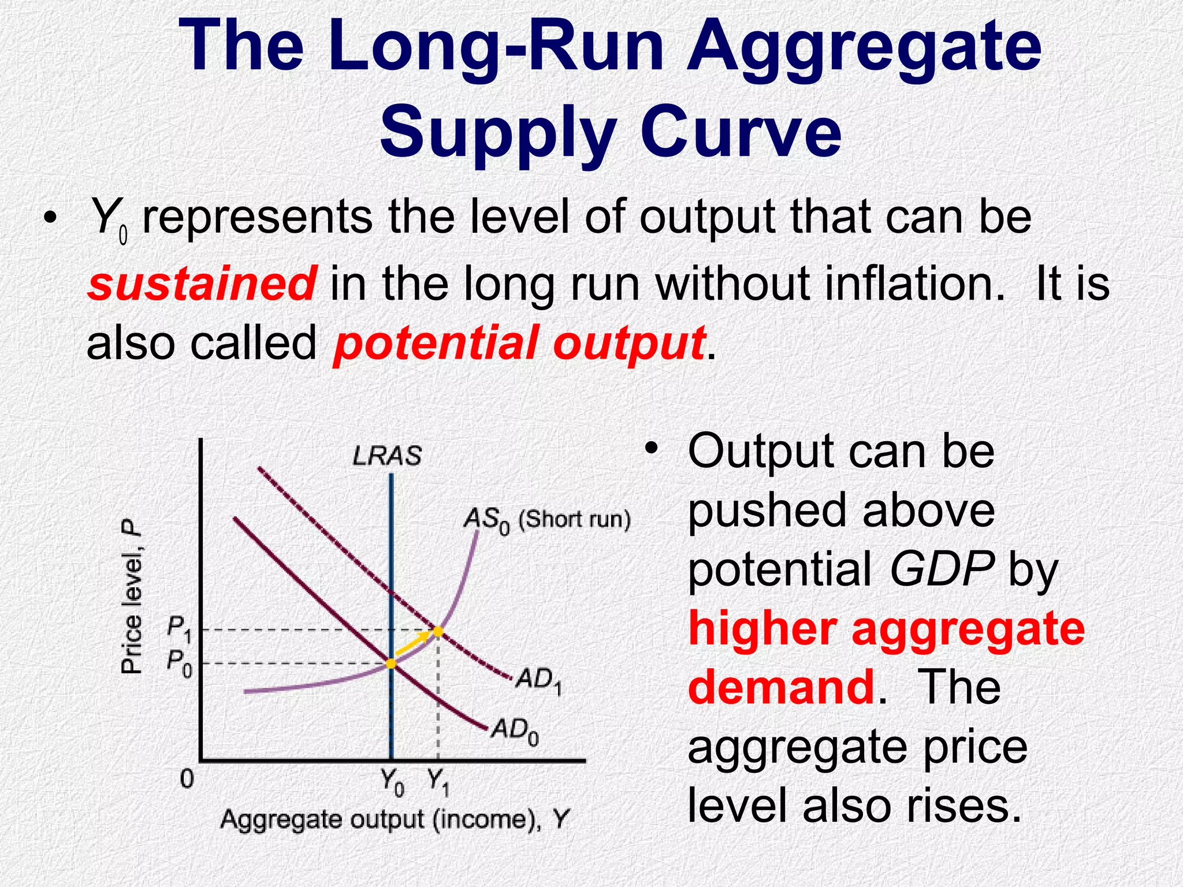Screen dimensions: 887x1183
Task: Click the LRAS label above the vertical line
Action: [387, 456]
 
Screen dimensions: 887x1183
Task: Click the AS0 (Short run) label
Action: [546, 520]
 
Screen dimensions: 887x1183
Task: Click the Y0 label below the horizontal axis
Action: [392, 782]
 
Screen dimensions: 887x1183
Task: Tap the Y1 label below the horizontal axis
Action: [438, 782]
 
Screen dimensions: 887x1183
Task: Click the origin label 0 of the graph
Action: [187, 780]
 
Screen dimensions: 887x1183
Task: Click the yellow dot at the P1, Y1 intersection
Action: [438, 631]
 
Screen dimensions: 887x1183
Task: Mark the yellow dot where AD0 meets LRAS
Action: [391, 664]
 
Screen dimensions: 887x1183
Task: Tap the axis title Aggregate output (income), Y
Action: [395, 819]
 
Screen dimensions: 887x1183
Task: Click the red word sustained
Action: [202, 284]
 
